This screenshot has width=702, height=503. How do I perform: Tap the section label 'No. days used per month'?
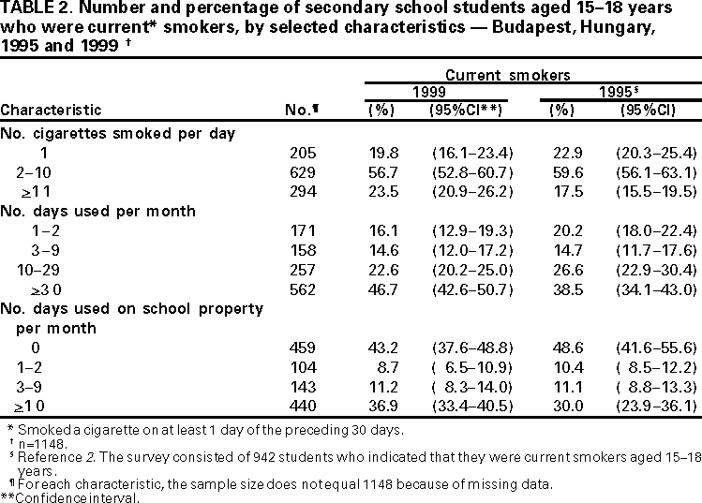(x=98, y=212)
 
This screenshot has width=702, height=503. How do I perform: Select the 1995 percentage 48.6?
(x=562, y=348)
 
